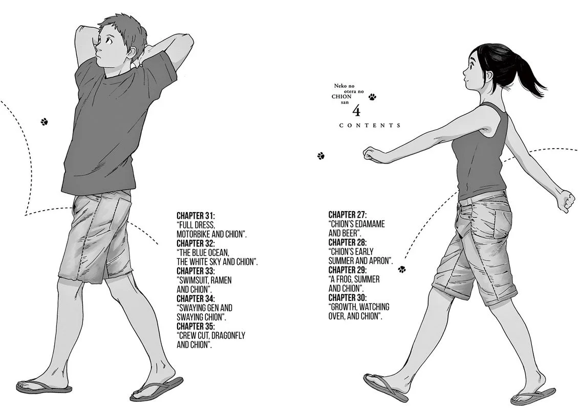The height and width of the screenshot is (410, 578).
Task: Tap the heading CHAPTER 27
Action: tap(348, 215)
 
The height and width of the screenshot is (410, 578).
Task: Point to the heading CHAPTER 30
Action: tap(348, 298)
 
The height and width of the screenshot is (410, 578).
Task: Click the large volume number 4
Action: tap(356, 110)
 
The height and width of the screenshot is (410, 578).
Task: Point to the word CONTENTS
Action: tap(370, 126)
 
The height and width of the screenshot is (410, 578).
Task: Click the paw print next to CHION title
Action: tap(372, 97)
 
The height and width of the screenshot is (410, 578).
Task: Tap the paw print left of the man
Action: tap(45, 121)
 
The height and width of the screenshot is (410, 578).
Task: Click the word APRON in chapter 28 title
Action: tap(380, 261)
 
